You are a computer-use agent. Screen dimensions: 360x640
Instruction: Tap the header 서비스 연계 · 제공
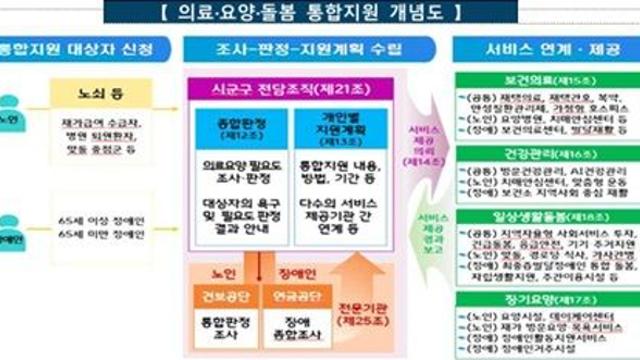click(x=544, y=50)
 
